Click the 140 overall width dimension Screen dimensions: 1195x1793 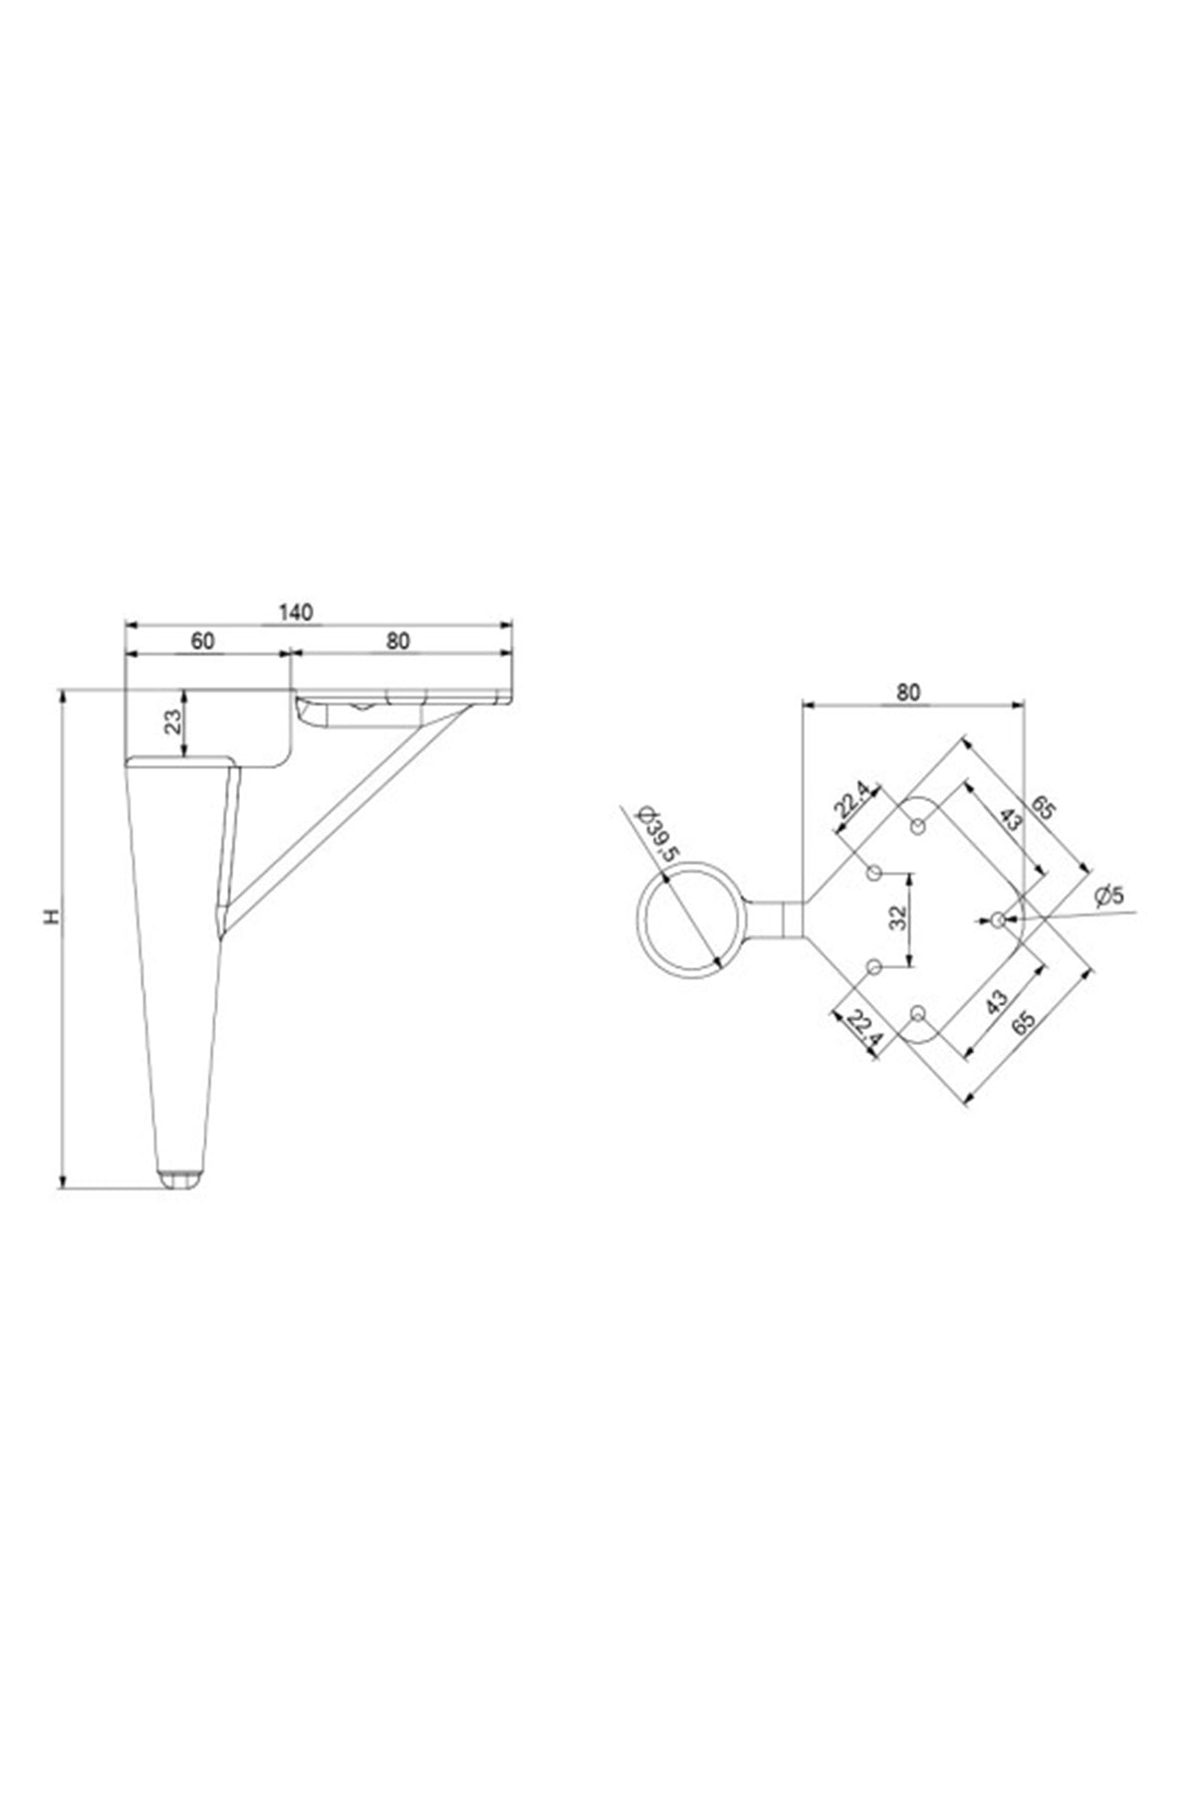click(x=296, y=612)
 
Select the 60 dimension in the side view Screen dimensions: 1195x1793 click(x=202, y=640)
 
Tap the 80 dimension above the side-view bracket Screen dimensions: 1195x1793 click(x=397, y=640)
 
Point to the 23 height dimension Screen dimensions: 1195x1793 click(x=173, y=721)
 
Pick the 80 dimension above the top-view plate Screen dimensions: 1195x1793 click(x=908, y=691)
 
